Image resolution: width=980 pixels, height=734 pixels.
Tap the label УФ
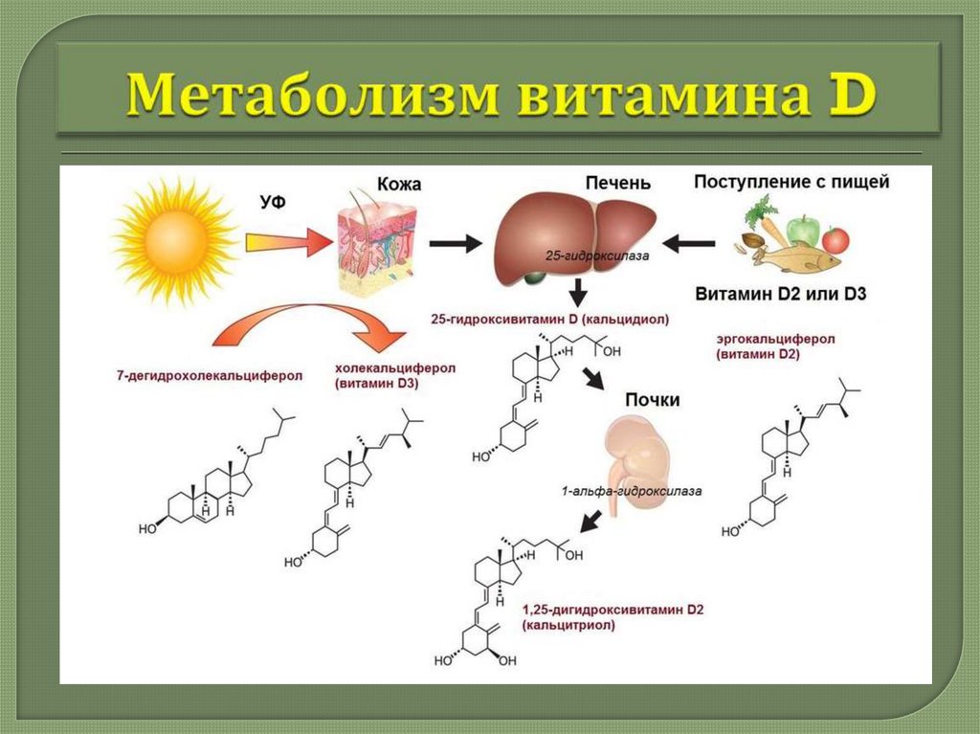click(274, 200)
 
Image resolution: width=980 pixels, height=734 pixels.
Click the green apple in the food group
click(806, 230)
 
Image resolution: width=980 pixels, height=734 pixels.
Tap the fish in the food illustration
click(794, 256)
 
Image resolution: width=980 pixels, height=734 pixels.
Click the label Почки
click(652, 399)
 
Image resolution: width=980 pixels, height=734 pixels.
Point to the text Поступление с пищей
click(791, 181)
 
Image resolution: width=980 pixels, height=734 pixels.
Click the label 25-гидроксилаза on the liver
click(584, 256)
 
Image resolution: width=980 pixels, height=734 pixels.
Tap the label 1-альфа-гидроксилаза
click(632, 492)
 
